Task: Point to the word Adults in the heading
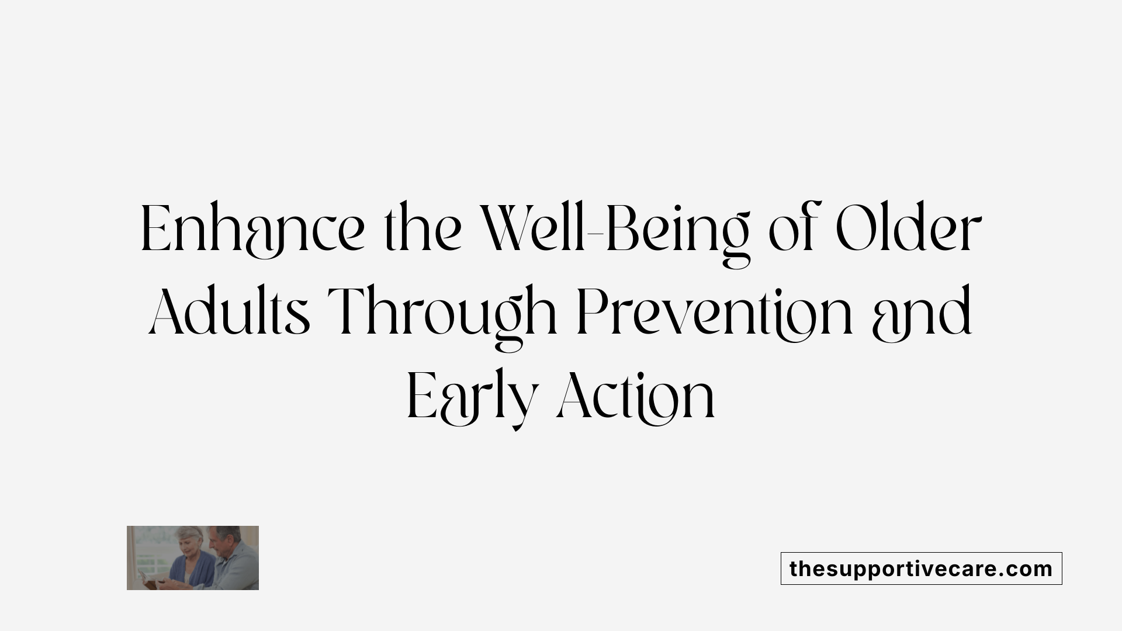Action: pos(229,313)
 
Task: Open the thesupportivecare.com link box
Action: pos(921,568)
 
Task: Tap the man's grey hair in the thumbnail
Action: pos(228,532)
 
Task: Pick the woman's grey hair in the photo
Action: pos(188,533)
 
